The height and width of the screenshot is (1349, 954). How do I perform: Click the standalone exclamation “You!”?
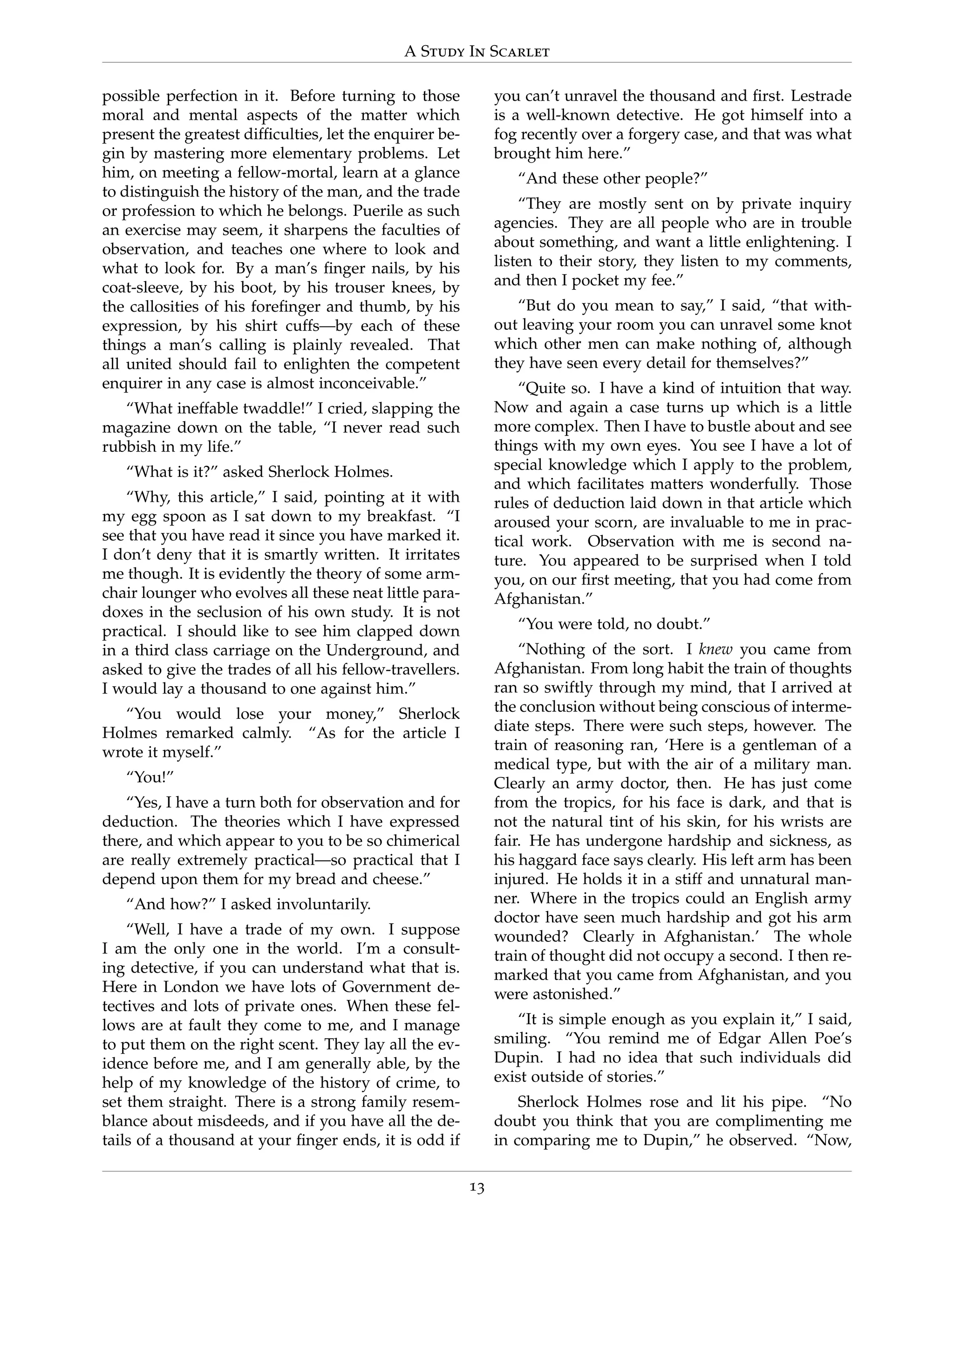click(x=150, y=777)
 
